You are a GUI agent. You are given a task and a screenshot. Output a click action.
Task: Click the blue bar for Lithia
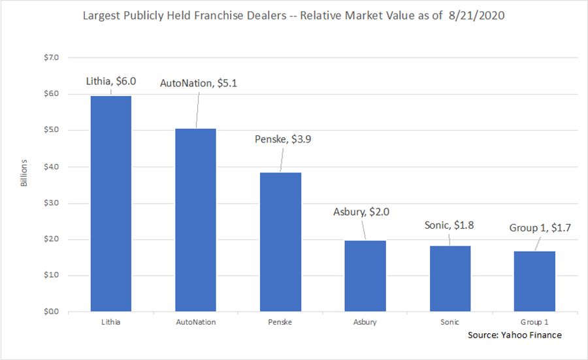coord(111,204)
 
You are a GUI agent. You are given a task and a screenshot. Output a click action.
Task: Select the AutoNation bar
coord(196,220)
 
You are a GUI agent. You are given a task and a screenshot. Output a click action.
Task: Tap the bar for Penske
coord(281,242)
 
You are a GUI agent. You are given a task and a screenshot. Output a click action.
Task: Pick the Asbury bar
coord(366,276)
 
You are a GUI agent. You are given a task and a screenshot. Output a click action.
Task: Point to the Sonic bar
coord(450,278)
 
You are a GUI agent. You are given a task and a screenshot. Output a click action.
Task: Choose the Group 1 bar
coord(535,281)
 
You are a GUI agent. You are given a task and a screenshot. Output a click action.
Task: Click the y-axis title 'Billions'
coord(24,172)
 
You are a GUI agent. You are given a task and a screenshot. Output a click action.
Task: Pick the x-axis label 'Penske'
coord(281,322)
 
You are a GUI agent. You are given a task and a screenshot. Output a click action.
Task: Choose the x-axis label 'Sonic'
coord(450,322)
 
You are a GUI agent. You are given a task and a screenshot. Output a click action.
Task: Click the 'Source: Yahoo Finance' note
coord(515,335)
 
